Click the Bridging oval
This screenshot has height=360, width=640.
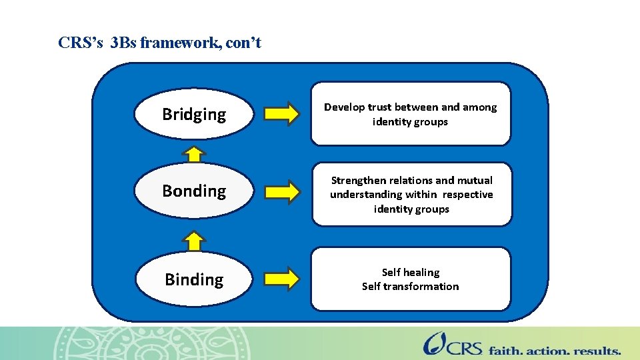194,114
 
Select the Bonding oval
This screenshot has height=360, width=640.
194,191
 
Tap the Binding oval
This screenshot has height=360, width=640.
194,279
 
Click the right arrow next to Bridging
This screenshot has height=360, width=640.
282,114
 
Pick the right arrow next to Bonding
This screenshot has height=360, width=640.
282,191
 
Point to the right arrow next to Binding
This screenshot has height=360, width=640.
282,279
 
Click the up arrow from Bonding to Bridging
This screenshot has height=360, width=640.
193,155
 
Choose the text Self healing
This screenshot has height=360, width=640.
410,272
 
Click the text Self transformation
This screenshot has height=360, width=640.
410,287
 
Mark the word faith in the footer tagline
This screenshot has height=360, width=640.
505,350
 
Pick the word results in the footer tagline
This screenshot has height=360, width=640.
594,350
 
